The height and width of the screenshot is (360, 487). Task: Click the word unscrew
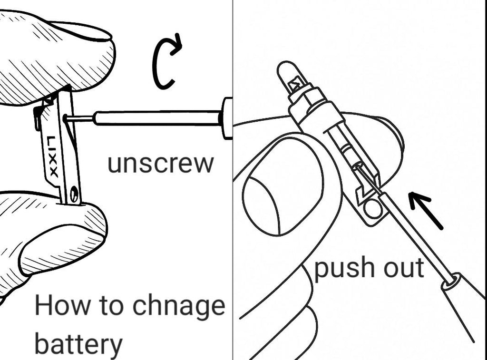coord(161,164)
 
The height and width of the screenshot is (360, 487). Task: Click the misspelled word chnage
coord(179,306)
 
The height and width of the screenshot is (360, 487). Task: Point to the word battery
coord(78,344)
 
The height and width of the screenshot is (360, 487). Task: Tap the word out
coord(404,268)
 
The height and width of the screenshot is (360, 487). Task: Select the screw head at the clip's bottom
coord(75,194)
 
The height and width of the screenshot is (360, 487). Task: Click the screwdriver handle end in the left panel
coord(227,118)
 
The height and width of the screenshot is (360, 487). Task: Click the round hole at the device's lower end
coord(372,208)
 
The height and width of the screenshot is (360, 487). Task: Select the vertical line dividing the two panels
coord(233,180)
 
